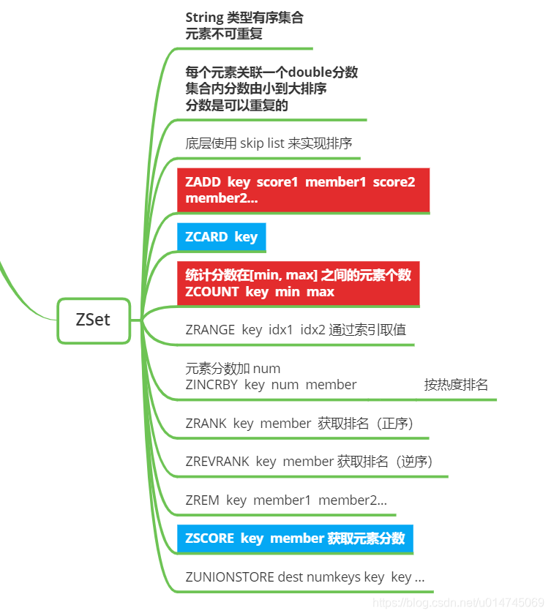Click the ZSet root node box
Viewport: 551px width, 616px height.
(94, 320)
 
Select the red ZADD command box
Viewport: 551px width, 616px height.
(303, 190)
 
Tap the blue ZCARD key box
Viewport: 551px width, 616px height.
(221, 237)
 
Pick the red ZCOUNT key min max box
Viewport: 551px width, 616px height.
(298, 283)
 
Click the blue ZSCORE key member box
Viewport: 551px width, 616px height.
(295, 538)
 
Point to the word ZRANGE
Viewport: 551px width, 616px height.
(210, 330)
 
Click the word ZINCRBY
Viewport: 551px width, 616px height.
(211, 384)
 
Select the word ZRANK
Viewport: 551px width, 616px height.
(206, 423)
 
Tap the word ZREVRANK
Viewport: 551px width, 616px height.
(217, 462)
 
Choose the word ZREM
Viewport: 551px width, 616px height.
(202, 500)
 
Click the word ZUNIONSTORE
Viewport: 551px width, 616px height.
(230, 577)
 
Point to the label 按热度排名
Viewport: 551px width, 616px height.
(456, 384)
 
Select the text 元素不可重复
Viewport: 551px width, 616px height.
(224, 34)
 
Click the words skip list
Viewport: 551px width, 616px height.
(262, 143)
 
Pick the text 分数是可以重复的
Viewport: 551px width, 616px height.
(236, 105)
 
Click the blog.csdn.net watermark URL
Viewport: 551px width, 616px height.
(458, 603)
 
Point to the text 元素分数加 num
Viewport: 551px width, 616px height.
(233, 368)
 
